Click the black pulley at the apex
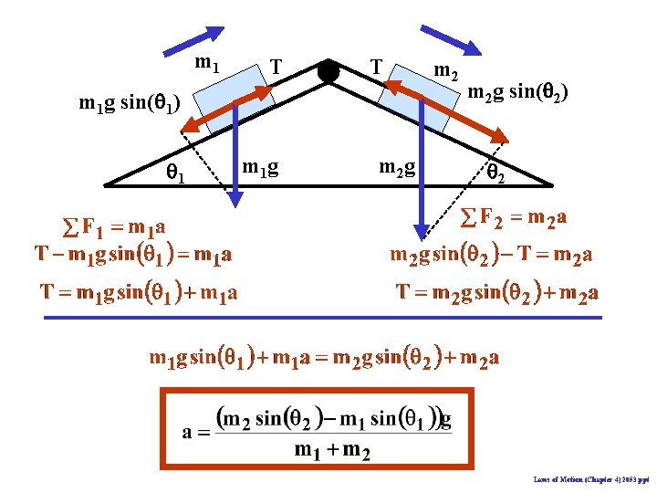point(328,71)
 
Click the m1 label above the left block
point(207,63)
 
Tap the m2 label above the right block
point(445,70)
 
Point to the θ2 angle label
point(495,170)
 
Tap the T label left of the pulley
point(276,67)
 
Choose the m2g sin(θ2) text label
point(518,91)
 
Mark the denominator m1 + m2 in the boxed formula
point(331,453)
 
